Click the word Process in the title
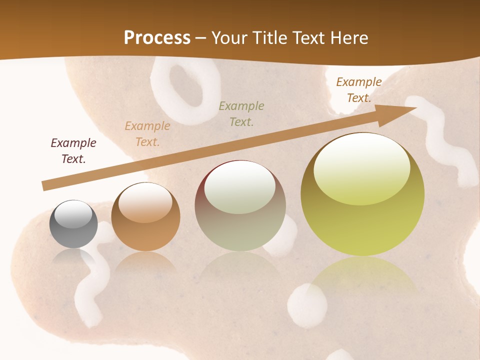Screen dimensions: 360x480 click(x=157, y=38)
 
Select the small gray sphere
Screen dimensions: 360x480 click(x=73, y=224)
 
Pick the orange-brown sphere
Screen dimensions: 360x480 click(x=145, y=217)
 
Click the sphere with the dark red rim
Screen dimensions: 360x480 click(x=240, y=205)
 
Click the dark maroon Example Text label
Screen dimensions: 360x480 click(x=73, y=151)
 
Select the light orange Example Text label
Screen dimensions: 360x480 click(x=147, y=134)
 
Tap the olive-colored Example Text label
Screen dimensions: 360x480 click(x=241, y=113)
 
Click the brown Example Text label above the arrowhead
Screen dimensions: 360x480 click(x=358, y=90)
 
